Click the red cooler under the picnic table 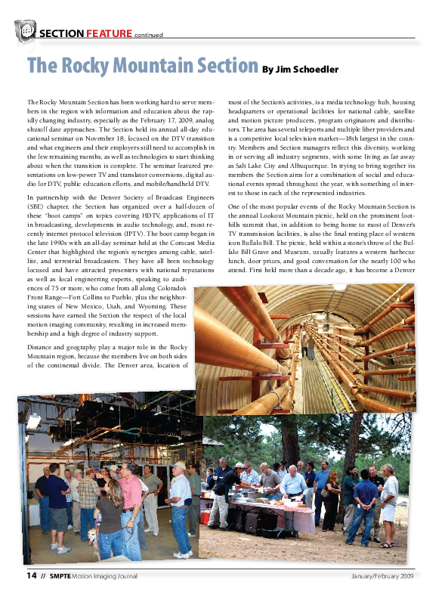coord(206,517)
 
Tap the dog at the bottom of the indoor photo coord(91,538)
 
